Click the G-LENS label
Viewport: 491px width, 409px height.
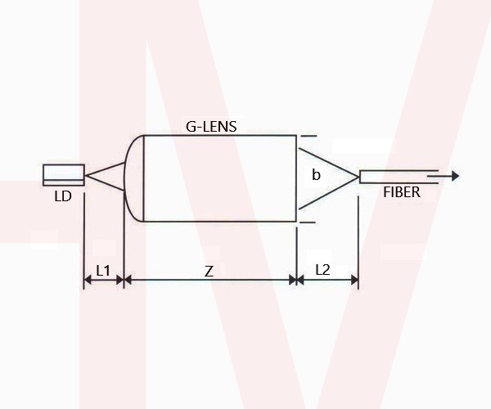pos(211,127)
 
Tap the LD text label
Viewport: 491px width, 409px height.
pos(63,196)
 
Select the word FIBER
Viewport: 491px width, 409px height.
pos(402,192)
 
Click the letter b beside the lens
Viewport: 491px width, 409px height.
pos(316,174)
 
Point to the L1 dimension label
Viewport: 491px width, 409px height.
pos(103,271)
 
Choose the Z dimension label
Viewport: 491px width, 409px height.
pos(209,272)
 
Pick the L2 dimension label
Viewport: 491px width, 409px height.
pos(323,270)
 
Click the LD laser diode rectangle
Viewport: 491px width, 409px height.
pos(64,175)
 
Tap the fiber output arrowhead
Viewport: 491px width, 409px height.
pos(455,176)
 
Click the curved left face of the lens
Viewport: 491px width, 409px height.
pos(124,178)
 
